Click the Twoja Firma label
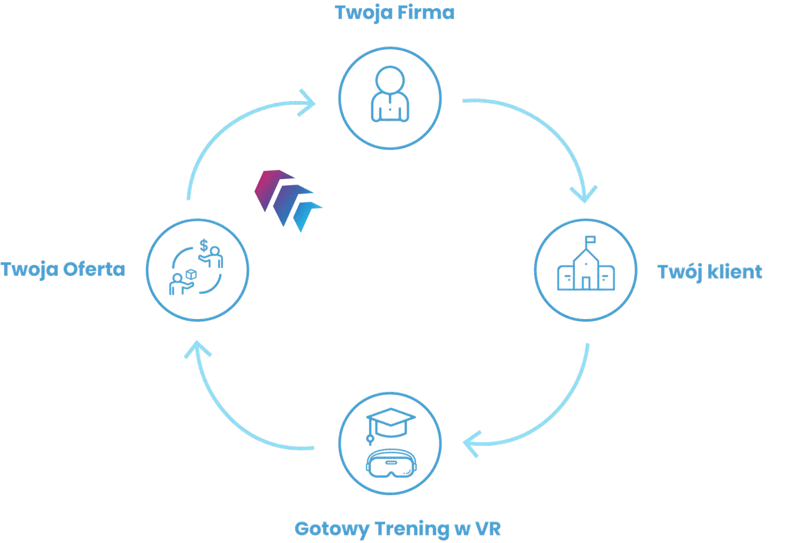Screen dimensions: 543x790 coord(395,13)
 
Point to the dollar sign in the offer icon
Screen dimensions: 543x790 coord(203,245)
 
